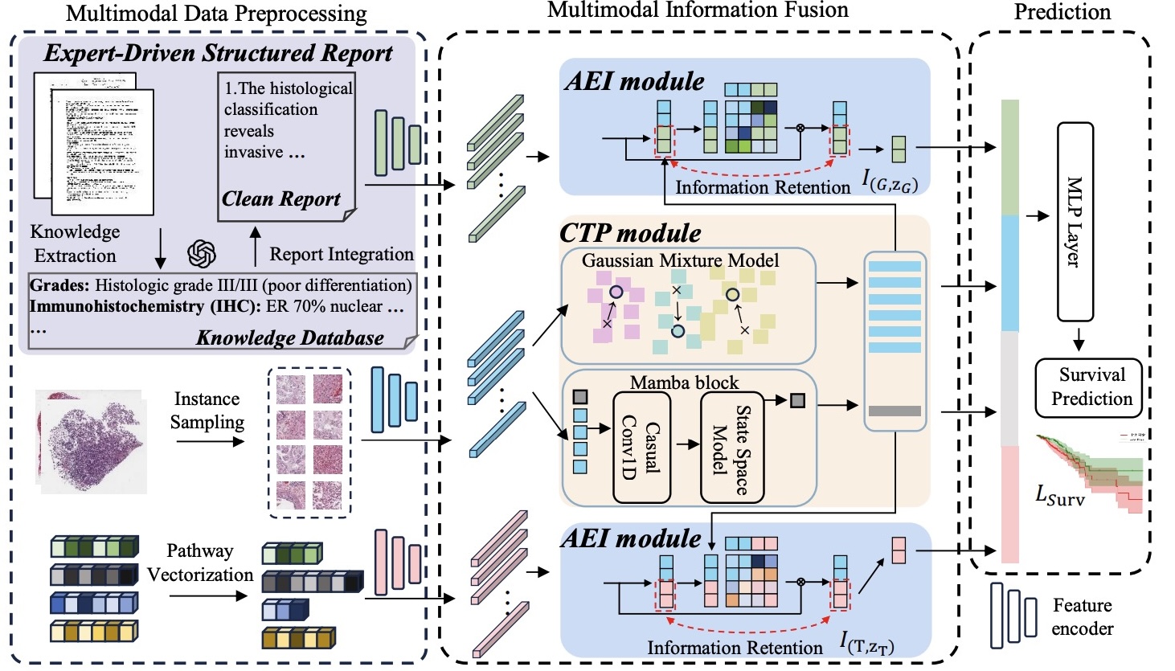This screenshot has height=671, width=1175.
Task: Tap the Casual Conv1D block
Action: [641, 447]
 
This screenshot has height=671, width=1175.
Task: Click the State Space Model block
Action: [731, 447]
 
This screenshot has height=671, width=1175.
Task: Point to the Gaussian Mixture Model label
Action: [680, 260]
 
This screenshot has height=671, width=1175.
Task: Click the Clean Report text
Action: [281, 198]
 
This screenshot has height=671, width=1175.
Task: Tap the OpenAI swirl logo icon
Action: [202, 254]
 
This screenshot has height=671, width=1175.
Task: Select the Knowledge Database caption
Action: [289, 338]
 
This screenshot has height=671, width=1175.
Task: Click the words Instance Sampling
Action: [207, 411]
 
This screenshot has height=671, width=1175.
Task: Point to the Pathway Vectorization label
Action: [200, 563]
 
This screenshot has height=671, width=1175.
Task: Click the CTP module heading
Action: [630, 233]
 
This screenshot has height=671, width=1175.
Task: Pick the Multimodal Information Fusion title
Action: [698, 10]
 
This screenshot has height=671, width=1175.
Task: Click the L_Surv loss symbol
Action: [1059, 495]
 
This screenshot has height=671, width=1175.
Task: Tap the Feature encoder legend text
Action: [1082, 616]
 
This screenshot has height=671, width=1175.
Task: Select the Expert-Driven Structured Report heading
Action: [218, 54]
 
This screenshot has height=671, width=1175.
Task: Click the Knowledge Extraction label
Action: [75, 243]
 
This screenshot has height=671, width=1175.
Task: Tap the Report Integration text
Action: [341, 254]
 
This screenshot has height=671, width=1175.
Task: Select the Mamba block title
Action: [684, 383]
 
